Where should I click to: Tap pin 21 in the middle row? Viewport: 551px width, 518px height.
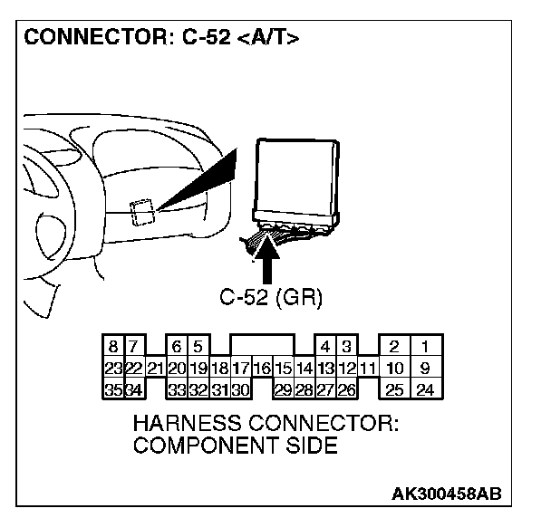coord(155,369)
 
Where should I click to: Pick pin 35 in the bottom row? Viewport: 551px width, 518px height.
coord(112,390)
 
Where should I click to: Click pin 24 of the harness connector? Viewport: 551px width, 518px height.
coord(423,390)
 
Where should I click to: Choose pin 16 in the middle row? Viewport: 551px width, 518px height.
coord(261,369)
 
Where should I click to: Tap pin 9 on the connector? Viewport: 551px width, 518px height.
coord(423,369)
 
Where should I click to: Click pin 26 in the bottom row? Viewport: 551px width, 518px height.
coord(344,390)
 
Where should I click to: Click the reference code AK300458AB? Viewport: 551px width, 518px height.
coord(445,494)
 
